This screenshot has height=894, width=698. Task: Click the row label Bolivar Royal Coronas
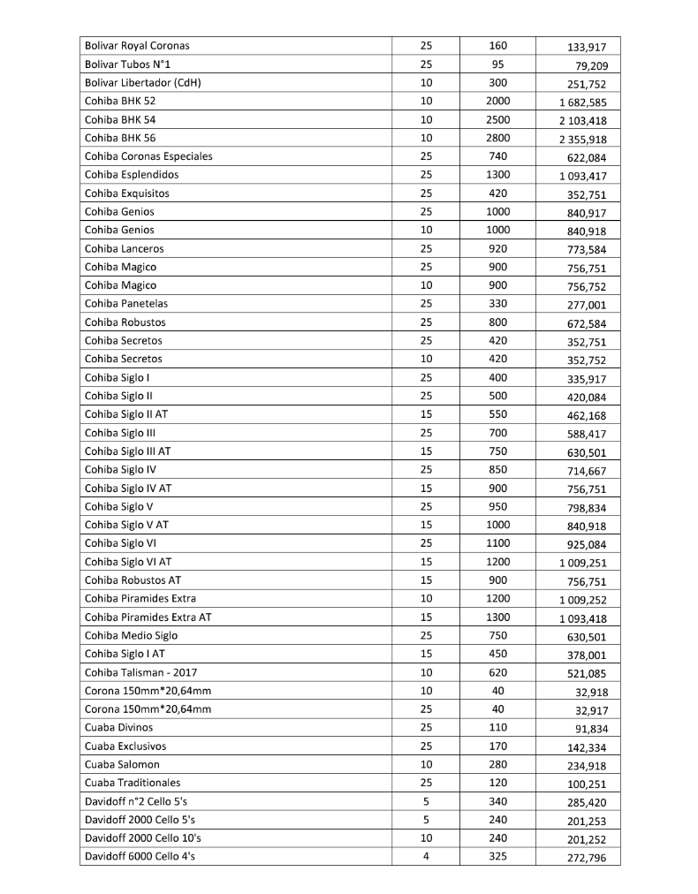coord(137,46)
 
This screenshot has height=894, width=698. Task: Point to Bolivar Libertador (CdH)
coord(143,83)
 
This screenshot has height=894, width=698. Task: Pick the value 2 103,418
coord(582,121)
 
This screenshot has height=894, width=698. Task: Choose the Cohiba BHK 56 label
coord(120,138)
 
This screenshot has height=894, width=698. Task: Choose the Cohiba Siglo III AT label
coord(127,451)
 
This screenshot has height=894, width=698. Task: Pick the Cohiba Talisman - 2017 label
coord(137,672)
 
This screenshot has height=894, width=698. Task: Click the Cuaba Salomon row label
coord(122,764)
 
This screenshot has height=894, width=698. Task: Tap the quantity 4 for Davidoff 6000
coord(426,856)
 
